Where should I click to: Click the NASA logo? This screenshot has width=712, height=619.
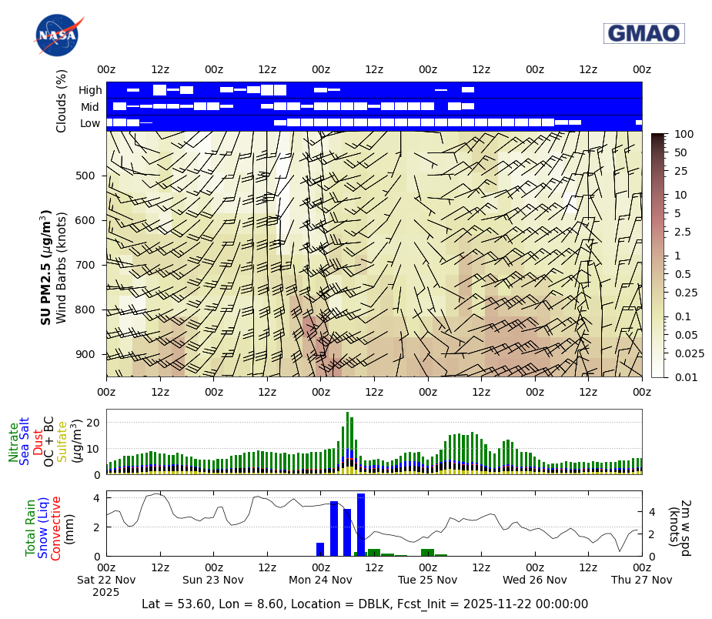pyautogui.click(x=56, y=35)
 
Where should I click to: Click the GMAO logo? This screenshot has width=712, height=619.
pyautogui.click(x=643, y=33)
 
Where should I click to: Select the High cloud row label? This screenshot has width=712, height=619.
pyautogui.click(x=90, y=90)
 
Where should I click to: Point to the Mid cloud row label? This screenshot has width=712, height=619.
pyautogui.click(x=90, y=107)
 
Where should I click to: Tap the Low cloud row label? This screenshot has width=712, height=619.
pyautogui.click(x=90, y=123)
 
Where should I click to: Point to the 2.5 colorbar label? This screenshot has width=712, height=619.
pyautogui.click(x=682, y=232)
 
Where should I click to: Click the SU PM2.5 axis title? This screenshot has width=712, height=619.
pyautogui.click(x=46, y=266)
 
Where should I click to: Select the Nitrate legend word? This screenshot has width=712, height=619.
pyautogui.click(x=13, y=442)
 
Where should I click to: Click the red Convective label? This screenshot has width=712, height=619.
pyautogui.click(x=55, y=528)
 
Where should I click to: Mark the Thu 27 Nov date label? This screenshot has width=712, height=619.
pyautogui.click(x=641, y=580)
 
